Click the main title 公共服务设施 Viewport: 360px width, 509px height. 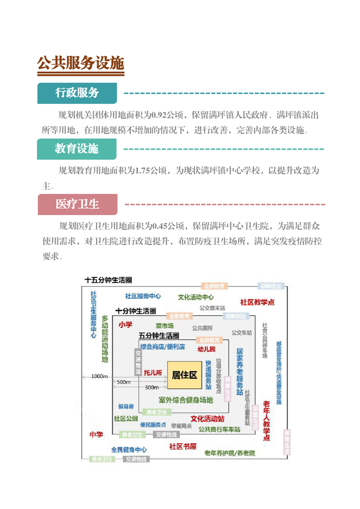(x=81, y=63)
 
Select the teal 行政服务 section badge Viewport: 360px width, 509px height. (x=77, y=93)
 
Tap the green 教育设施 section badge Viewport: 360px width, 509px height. (x=76, y=149)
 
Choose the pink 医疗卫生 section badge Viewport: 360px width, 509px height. (x=77, y=204)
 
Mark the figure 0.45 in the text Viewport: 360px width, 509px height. (x=161, y=225)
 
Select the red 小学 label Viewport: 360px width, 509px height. (x=125, y=325)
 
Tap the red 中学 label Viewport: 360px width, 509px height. (x=96, y=435)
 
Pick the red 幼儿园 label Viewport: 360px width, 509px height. (x=206, y=349)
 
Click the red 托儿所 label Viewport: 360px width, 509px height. (x=153, y=373)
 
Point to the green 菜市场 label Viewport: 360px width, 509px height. (x=164, y=326)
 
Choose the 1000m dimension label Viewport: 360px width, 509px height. (x=99, y=377)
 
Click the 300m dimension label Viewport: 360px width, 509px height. (x=152, y=387)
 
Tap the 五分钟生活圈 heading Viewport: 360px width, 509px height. (x=159, y=336)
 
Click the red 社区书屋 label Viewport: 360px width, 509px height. (x=183, y=446)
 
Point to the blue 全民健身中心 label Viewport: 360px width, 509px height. (x=129, y=450)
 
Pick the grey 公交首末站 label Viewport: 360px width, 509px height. (x=212, y=308)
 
